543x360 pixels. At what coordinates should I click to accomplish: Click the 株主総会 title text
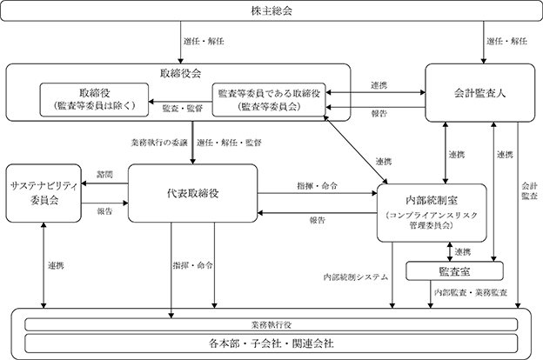(271, 10)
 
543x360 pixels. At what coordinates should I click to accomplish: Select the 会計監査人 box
(480, 93)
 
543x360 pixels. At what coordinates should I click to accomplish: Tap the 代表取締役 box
(193, 193)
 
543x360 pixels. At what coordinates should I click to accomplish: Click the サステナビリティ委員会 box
(44, 193)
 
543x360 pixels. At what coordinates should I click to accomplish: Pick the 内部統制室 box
(432, 212)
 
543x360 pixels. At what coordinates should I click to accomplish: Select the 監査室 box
(454, 271)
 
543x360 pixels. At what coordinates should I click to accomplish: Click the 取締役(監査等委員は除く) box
(94, 100)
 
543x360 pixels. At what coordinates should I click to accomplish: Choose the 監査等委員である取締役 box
(269, 100)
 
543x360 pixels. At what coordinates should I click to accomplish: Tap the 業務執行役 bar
(271, 324)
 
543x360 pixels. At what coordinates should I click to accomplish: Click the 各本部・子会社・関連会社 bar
(271, 343)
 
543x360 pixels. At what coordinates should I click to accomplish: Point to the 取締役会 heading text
(180, 73)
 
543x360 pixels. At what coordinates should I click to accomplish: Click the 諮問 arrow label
(104, 174)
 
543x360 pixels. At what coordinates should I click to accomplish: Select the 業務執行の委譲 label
(159, 143)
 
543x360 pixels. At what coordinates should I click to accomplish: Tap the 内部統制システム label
(356, 277)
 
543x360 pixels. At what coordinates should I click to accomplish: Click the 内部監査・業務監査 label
(471, 292)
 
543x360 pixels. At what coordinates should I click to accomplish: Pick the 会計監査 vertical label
(529, 191)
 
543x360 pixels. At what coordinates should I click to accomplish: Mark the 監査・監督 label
(183, 109)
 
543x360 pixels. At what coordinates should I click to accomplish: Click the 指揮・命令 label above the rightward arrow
(317, 185)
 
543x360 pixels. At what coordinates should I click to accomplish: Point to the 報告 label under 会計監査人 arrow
(379, 114)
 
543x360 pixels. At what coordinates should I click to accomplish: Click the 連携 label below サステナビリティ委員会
(56, 265)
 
